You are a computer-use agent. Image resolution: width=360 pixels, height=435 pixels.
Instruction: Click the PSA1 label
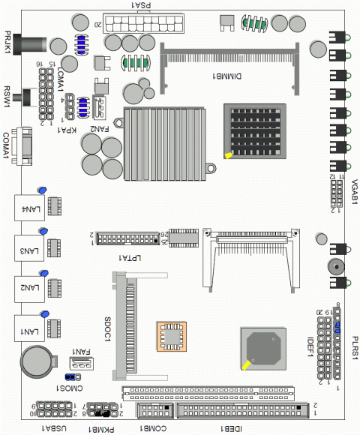(142, 4)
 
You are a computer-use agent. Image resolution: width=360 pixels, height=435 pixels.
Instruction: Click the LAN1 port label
(29, 331)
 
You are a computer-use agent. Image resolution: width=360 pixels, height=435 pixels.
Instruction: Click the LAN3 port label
(29, 250)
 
